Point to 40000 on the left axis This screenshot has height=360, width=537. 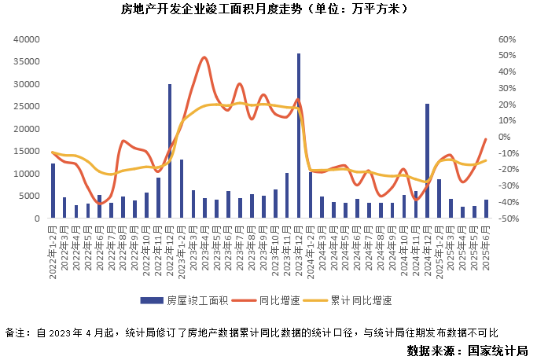coord(27,39)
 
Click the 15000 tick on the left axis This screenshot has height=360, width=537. coord(27,152)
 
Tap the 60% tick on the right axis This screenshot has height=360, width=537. coord(507,39)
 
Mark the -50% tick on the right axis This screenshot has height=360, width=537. coord(506,219)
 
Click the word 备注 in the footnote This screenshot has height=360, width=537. coord(16,332)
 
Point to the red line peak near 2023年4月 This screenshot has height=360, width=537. coord(204,57)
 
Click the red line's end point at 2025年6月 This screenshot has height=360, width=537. coord(486,139)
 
